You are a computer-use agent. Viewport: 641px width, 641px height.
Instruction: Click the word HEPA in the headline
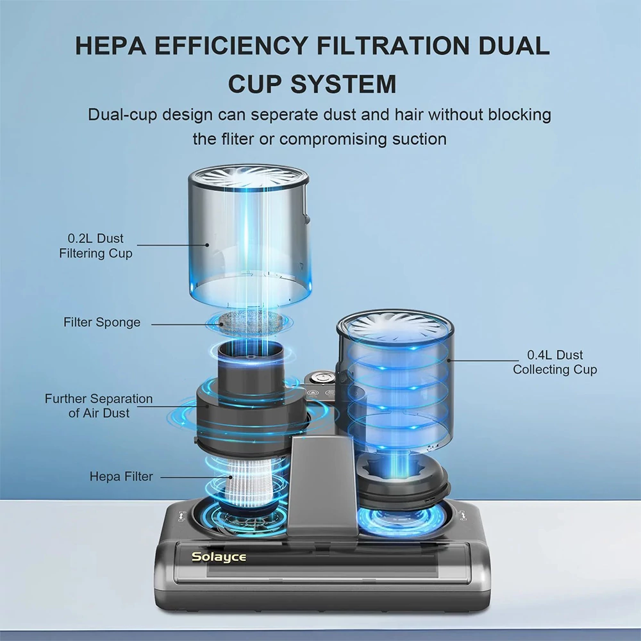pos(111,46)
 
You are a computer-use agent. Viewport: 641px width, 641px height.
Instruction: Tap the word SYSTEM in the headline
pos(344,83)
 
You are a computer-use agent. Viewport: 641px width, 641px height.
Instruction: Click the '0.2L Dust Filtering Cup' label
pos(96,246)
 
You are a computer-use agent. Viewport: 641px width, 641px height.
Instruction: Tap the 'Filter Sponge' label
pos(102,322)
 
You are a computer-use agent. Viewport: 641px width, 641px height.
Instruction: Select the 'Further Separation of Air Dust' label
pos(99,406)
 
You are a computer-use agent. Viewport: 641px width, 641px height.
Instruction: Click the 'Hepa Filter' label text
pos(121,476)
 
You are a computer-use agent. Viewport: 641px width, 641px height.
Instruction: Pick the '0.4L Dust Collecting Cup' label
pos(554,362)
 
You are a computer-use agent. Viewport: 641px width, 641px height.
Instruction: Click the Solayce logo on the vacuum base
pos(219,557)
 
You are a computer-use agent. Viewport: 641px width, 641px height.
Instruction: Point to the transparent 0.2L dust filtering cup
pos(250,237)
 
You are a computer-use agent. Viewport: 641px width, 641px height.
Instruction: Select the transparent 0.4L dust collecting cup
pos(395,380)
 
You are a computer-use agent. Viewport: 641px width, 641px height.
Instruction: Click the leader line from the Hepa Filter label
pos(196,477)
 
